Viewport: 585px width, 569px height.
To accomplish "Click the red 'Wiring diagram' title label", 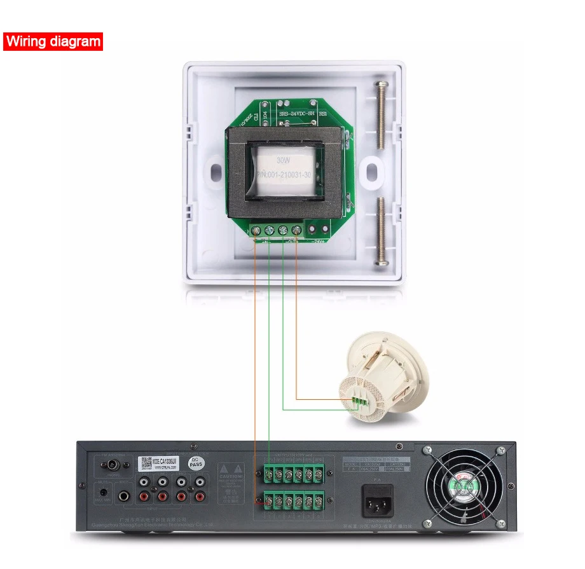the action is coord(53,42).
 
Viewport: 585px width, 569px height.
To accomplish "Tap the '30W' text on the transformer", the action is coord(283,160).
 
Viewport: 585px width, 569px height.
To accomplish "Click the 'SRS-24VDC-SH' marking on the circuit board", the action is coord(297,114).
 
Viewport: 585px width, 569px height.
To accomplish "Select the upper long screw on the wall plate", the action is coord(382,118).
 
